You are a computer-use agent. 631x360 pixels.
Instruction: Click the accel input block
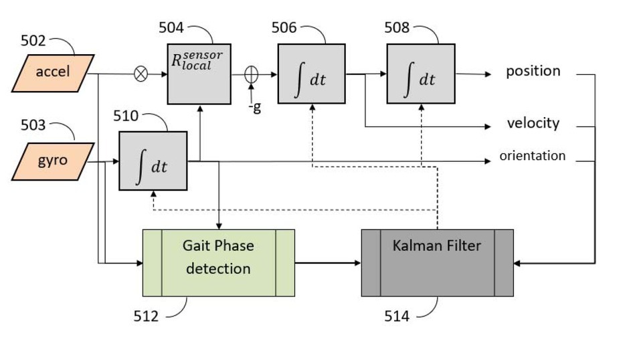point(53,72)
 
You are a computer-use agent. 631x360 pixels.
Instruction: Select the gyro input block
point(52,161)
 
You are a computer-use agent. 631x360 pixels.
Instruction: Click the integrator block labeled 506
point(311,74)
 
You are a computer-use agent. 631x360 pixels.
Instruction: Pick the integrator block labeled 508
point(420,74)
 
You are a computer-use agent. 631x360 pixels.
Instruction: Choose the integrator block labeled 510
point(153,161)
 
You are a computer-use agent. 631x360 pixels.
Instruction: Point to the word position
point(533,71)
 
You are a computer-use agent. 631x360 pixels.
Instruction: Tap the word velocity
point(533,124)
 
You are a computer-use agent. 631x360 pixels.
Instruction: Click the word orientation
point(532,156)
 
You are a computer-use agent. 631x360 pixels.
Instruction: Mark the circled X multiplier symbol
point(141,74)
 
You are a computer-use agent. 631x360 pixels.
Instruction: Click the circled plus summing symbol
point(252,74)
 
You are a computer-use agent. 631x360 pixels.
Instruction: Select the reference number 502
point(33,41)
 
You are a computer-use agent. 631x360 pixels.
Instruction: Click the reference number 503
point(33,125)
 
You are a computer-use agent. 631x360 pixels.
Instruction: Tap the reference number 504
point(171,27)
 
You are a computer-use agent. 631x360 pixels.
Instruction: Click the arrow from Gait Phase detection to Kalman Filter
point(327,262)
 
